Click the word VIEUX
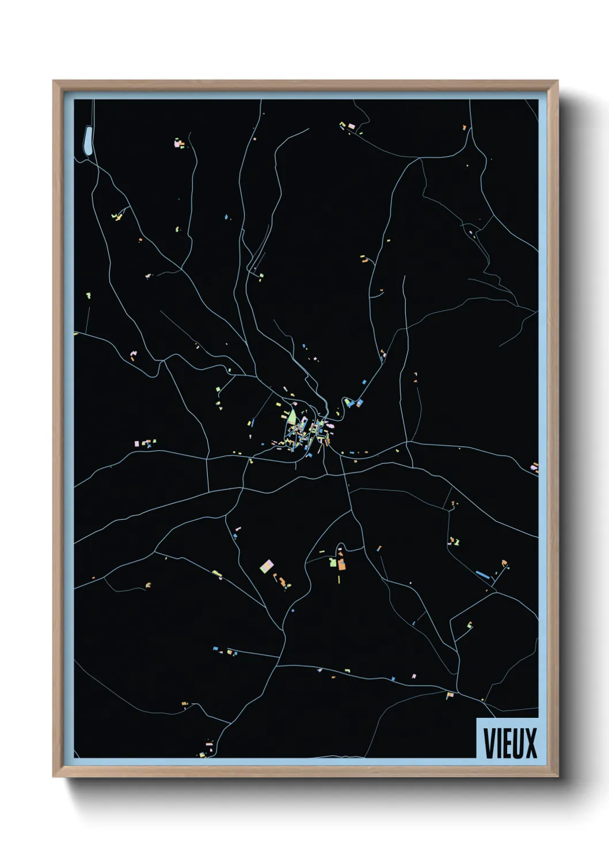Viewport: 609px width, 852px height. pos(509,743)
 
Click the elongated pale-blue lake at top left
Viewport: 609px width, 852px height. pos(87,141)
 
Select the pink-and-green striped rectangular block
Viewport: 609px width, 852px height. pos(267,565)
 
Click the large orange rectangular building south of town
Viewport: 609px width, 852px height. pos(341,564)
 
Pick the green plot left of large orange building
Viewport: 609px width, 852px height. pos(333,562)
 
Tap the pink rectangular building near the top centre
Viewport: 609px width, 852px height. pos(351,126)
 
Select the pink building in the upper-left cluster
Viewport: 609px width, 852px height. pos(177,142)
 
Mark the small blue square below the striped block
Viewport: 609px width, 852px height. pos(292,610)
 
